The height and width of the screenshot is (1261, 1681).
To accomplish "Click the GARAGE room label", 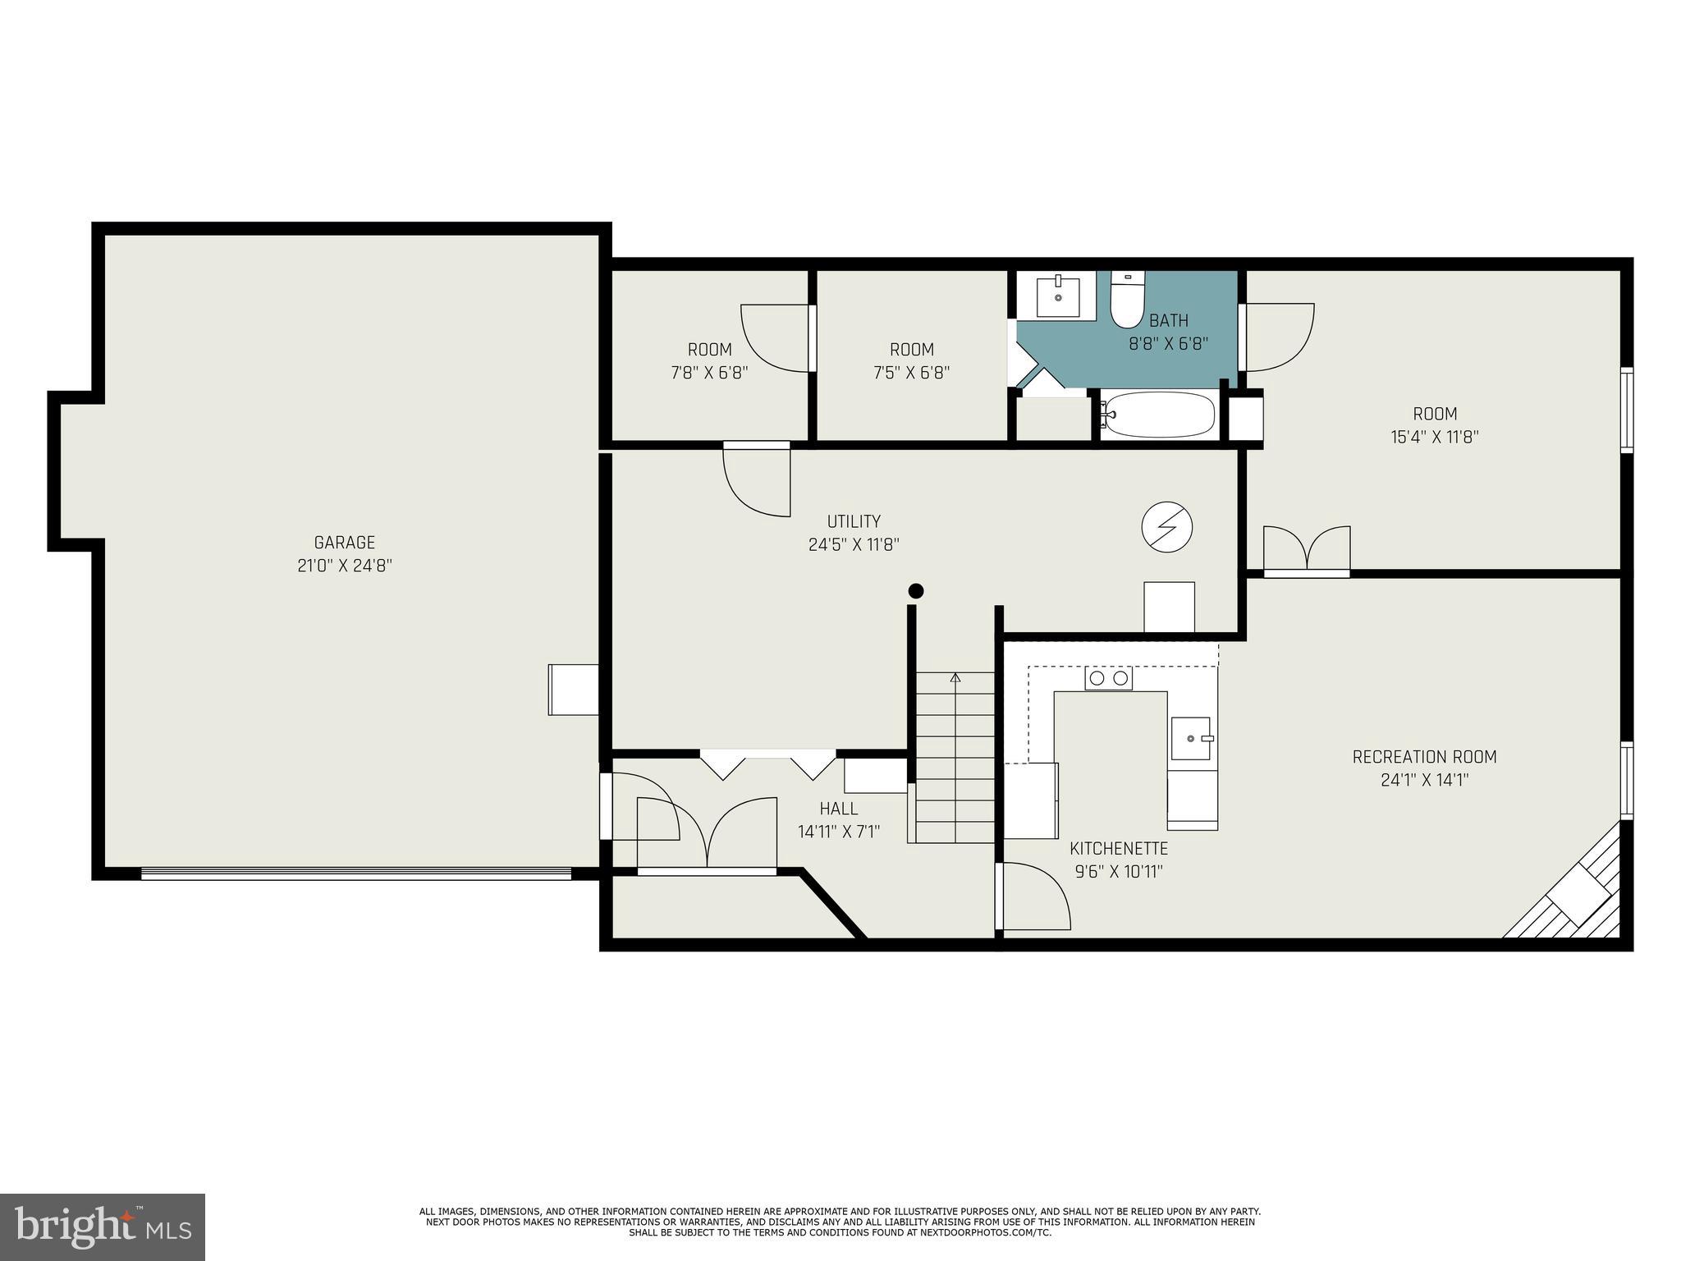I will coord(344,543).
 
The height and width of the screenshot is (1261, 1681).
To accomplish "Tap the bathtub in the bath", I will coord(1157,415).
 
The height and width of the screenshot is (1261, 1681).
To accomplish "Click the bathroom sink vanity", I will coord(1057,296).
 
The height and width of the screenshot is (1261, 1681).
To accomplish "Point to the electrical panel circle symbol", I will coord(1166,525).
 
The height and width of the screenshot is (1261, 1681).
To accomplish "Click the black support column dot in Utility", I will coord(916,591).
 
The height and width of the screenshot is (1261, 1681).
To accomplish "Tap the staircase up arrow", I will coord(955,678).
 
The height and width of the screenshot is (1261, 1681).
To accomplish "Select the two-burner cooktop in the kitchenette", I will coord(1108,678).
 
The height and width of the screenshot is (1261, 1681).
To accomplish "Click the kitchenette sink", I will coord(1191,738).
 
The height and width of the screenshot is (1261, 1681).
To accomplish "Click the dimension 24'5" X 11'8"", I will coord(854,544).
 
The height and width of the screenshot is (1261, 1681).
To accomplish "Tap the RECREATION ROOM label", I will coord(1424,757).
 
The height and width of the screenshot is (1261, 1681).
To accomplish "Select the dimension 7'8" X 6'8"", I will coord(709,373).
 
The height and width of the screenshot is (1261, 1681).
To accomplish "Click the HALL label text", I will coord(838,809).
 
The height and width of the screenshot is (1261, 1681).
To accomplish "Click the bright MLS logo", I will coord(102,1227).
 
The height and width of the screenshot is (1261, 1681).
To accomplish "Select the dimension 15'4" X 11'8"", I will coord(1434,437).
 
